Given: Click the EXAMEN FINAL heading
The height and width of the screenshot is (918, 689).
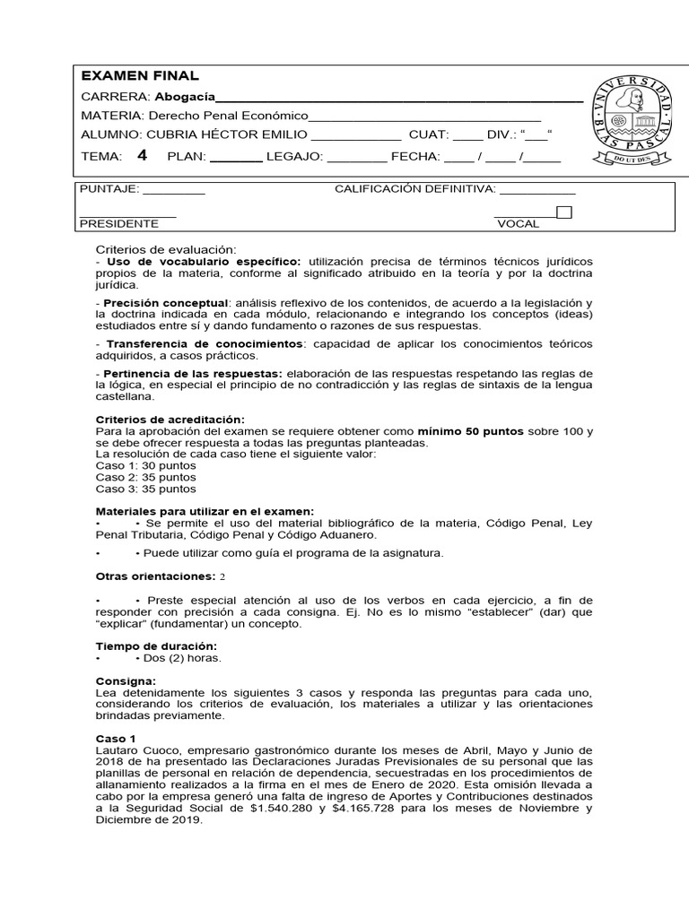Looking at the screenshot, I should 140,76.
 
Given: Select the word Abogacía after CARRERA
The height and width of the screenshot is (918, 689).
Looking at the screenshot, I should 186,97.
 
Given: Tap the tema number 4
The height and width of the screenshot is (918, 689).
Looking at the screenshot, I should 142,155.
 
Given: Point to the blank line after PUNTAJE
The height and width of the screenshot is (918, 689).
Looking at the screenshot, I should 174,190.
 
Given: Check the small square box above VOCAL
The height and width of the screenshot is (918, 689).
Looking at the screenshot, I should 564,212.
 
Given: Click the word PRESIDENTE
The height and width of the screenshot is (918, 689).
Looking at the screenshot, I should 119,223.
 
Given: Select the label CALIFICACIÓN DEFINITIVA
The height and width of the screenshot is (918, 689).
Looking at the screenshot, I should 414,189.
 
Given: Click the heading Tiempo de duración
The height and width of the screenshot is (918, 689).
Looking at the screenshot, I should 156,646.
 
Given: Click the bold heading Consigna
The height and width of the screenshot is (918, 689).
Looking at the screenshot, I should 126,681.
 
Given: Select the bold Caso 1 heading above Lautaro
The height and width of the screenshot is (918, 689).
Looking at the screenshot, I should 115,739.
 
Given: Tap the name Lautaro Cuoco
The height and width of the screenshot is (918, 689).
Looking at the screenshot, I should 135,750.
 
